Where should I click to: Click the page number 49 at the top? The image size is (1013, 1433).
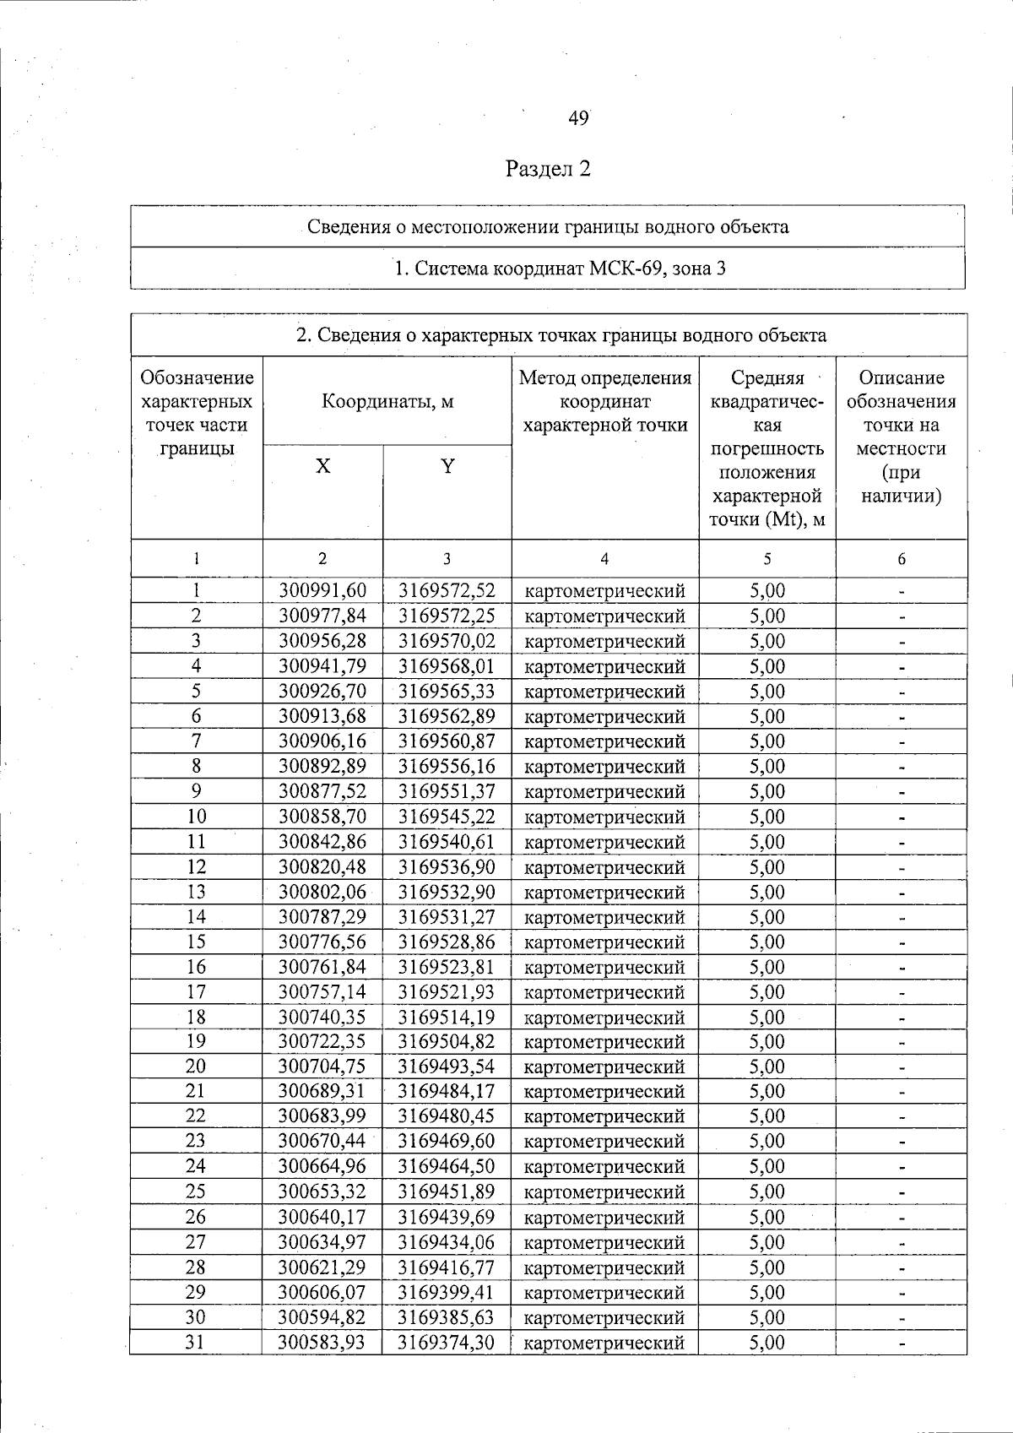click(x=578, y=119)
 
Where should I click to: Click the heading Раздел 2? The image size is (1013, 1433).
click(x=548, y=169)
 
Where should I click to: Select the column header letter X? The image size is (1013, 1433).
click(x=323, y=467)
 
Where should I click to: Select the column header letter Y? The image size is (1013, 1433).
click(x=447, y=466)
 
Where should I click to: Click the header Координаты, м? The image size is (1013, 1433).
click(x=387, y=402)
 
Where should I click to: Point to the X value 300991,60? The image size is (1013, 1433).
click(x=323, y=591)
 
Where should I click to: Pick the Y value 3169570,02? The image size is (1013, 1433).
click(x=447, y=642)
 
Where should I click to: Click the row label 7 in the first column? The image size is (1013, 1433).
click(x=196, y=741)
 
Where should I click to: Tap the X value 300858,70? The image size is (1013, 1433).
click(x=323, y=817)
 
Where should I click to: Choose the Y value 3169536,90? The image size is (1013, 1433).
click(x=447, y=867)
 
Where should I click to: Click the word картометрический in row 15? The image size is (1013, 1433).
click(x=604, y=942)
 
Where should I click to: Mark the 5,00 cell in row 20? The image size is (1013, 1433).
click(x=767, y=1067)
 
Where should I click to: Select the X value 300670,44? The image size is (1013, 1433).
click(x=323, y=1142)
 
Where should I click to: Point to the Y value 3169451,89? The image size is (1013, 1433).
click(x=447, y=1192)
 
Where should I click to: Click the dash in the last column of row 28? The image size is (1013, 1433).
click(x=902, y=1268)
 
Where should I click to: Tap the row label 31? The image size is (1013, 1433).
click(x=196, y=1343)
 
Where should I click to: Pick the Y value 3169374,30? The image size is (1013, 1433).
click(x=447, y=1343)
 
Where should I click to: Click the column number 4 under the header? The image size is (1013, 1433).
click(x=604, y=559)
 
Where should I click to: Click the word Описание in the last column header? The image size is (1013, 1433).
click(x=902, y=378)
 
